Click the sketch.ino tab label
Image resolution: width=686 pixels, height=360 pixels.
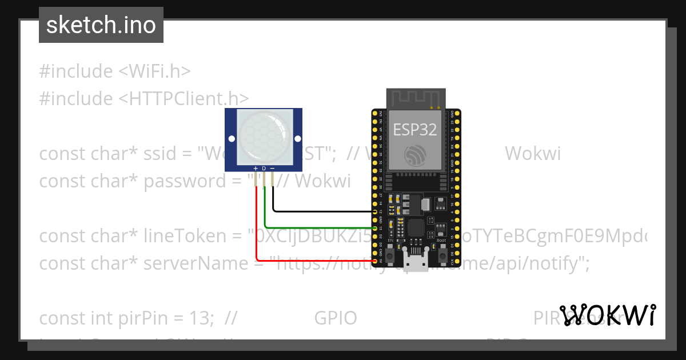click(101, 25)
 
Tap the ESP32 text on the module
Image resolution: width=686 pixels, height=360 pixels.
click(415, 130)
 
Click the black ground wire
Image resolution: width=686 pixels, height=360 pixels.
click(320, 211)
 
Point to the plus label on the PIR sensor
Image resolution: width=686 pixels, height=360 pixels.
click(256, 169)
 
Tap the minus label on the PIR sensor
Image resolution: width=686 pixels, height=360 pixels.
click(272, 169)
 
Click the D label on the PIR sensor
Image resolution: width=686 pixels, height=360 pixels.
click(264, 169)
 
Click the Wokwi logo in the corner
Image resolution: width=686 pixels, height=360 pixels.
click(608, 315)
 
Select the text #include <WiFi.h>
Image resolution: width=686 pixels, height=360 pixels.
click(114, 71)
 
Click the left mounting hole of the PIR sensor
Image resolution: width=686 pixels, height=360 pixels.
click(231, 139)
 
